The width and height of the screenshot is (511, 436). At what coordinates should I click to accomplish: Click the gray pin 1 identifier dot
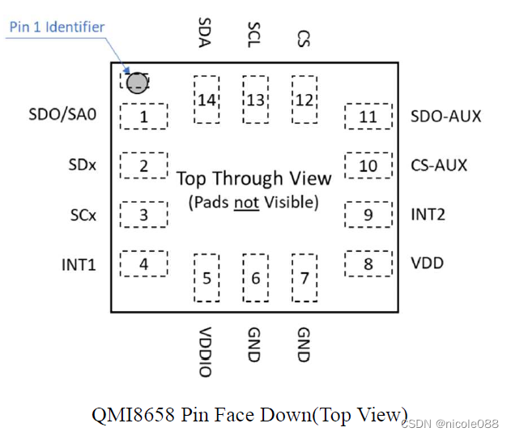[137, 82]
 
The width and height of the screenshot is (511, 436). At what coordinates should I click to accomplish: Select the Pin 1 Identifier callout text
[57, 27]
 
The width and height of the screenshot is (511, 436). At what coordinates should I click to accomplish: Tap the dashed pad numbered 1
[143, 117]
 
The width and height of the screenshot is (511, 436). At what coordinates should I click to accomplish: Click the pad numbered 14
[207, 99]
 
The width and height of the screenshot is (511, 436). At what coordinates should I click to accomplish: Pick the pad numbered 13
[255, 99]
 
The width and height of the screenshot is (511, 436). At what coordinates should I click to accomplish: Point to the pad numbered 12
[304, 99]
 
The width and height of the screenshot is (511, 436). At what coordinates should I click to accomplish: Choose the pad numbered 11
[368, 117]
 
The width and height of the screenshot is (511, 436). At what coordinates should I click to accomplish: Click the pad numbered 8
[368, 263]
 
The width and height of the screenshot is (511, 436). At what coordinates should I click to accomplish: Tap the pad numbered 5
[207, 278]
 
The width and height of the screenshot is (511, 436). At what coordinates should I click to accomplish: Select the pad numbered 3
[143, 215]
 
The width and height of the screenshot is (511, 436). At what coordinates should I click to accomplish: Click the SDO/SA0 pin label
[62, 115]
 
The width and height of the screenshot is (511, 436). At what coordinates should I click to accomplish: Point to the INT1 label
[79, 264]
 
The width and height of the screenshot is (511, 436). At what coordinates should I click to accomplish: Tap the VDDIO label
[205, 352]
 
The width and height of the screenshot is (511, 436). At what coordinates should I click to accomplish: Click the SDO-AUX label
[445, 116]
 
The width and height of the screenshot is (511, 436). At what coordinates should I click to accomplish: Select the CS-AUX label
[439, 165]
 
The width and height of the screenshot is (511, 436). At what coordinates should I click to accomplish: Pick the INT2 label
[427, 215]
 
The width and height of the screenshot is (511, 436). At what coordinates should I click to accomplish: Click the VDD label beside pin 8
[427, 263]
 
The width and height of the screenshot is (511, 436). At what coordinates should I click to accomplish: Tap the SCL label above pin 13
[254, 34]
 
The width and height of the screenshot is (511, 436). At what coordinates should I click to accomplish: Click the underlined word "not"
[245, 202]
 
